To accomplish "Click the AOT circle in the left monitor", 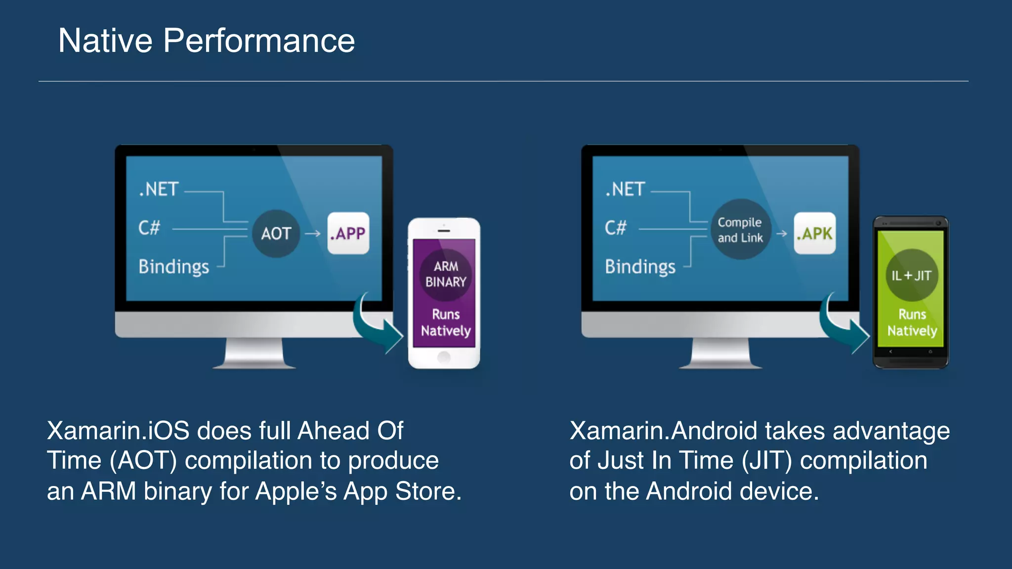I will click(x=276, y=233).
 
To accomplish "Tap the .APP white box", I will click(x=348, y=233).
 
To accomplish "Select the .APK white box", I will click(x=815, y=233).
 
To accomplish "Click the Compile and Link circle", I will click(x=740, y=230).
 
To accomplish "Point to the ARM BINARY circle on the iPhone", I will click(x=446, y=274).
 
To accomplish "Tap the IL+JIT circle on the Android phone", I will click(x=911, y=275).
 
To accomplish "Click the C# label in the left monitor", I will click(x=149, y=228).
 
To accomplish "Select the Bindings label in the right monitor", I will click(x=640, y=267).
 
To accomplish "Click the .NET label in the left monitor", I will click(x=159, y=189).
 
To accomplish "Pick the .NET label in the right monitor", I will click(x=625, y=189).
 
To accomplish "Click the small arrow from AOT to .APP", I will click(x=313, y=234).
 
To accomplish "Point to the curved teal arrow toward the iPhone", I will click(x=376, y=326).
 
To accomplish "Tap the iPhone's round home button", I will click(x=444, y=357).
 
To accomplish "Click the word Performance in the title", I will click(x=259, y=41).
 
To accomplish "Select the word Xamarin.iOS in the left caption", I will click(x=118, y=431).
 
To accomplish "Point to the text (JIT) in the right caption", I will click(x=767, y=461).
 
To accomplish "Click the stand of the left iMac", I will click(x=254, y=353).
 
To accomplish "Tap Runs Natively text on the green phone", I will click(x=912, y=323).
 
